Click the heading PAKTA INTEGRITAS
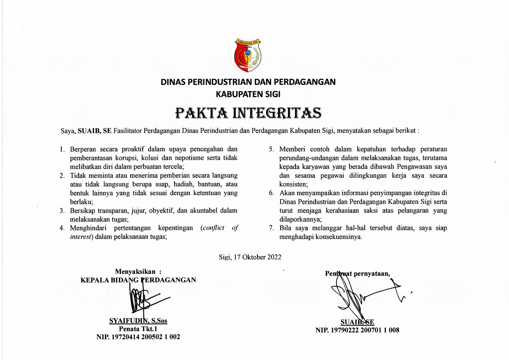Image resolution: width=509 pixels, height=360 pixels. point(248,112)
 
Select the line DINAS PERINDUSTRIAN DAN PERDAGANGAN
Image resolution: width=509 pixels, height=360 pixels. point(248,82)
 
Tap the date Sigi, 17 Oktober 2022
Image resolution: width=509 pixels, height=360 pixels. point(250,257)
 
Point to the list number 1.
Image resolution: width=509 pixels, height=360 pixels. point(62,149)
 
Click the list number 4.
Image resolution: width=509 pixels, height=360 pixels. point(62,228)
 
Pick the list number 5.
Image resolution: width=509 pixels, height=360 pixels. point(271,149)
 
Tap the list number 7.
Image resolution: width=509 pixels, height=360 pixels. point(271,228)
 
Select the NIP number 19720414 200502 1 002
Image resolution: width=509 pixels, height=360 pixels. point(138,337)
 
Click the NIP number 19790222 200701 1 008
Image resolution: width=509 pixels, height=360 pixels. point(357,330)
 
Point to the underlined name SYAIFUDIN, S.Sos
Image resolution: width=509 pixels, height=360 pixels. point(138,321)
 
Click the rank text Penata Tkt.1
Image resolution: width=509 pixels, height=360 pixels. point(138,329)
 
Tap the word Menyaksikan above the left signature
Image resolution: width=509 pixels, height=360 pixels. point(135,272)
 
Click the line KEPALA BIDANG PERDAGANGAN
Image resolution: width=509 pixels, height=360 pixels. point(138,280)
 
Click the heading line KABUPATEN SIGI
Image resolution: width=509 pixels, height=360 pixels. point(248,94)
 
